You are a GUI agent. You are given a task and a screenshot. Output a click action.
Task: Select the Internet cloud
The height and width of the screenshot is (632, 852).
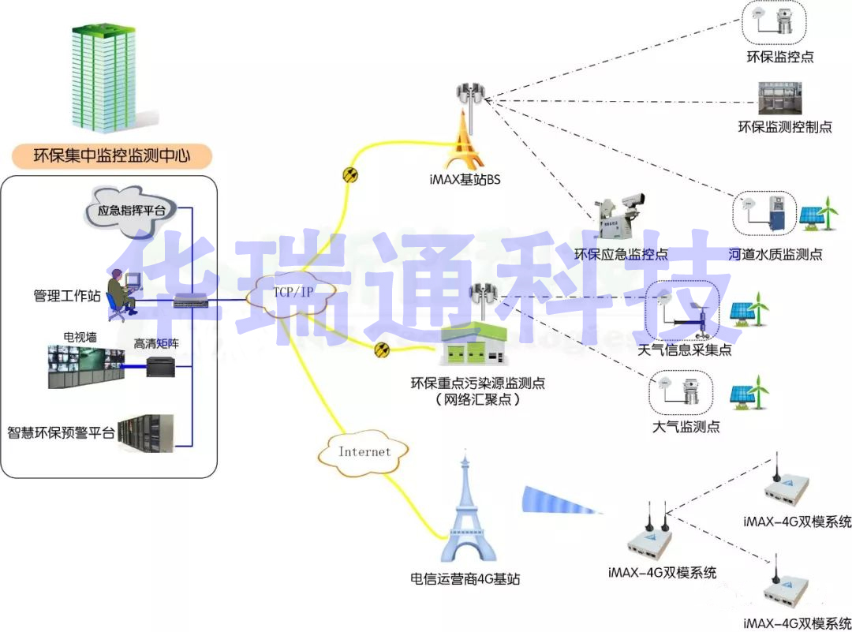[x=364, y=452]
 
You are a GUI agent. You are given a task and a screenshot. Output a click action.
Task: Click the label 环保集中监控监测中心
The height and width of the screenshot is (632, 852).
[x=111, y=155]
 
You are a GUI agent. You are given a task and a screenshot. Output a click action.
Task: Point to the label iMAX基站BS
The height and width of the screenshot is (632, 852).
[x=471, y=179]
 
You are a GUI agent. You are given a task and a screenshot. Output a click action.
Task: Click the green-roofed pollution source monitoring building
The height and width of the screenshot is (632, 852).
[x=473, y=347]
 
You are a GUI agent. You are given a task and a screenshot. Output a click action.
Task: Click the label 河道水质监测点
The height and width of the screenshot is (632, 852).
[x=775, y=254]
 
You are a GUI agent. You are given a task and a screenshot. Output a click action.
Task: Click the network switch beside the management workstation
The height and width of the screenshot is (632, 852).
[x=190, y=300]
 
